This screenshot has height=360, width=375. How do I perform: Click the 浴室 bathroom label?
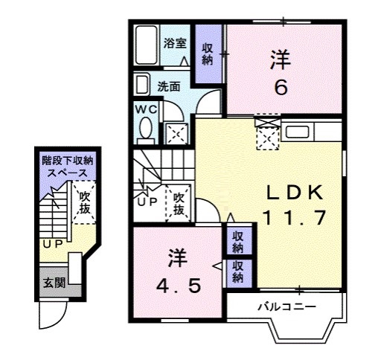coord(175,43)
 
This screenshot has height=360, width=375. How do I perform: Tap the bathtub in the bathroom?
coord(146,45)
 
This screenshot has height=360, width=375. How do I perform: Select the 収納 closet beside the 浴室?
coord(208,53)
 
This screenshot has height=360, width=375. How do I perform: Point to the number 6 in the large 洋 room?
coord(281,88)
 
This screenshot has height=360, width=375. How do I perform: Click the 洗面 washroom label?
coord(169,86)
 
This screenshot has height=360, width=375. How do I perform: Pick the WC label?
coord(144,109)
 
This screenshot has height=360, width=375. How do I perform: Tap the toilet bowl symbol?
coord(144,132)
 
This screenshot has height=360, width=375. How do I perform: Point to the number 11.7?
coord(294,218)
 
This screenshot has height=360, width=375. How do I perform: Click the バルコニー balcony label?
coord(287,306)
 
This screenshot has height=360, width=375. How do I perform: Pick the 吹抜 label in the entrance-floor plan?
coord(83,203)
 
